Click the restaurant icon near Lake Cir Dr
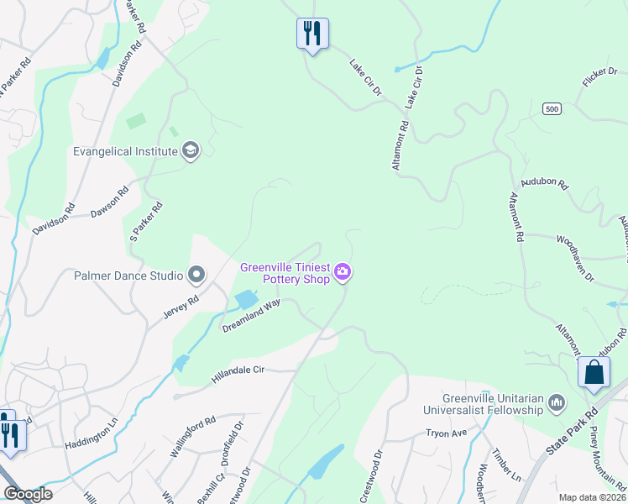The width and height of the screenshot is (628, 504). (x=312, y=34)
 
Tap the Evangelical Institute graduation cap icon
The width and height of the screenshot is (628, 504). (x=191, y=151)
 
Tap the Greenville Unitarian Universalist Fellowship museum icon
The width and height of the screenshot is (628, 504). (x=557, y=404)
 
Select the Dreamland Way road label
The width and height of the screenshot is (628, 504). (x=251, y=317)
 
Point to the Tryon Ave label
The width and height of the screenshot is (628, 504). (x=446, y=432)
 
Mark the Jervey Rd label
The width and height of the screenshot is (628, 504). (x=181, y=307)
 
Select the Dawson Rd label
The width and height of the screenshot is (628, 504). (x=109, y=201)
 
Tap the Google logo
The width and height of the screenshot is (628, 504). (x=28, y=494)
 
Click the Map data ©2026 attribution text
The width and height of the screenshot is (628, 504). (x=592, y=497)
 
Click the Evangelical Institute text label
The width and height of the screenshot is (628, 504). (x=126, y=151)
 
